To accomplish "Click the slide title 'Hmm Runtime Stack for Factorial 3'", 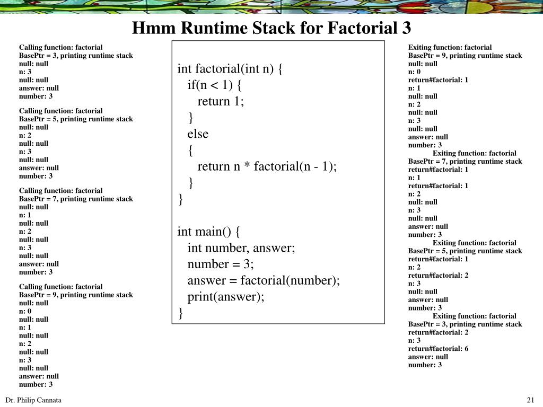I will tap(271, 27).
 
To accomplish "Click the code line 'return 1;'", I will tap(221, 101).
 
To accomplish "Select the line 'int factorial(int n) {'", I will tap(230, 69).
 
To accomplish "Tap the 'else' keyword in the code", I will tap(198, 134).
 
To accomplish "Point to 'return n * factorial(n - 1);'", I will tap(267, 166).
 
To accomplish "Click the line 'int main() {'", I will tap(209, 231).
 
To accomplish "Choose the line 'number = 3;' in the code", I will tap(221, 264).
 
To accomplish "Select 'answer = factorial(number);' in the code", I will tap(264, 280).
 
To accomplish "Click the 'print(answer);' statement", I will tap(226, 296).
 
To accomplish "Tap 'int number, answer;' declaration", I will tap(241, 247).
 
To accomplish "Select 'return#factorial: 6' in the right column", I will tap(438, 349).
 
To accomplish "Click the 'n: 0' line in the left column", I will tap(25, 311).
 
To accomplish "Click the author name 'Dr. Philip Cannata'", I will tap(33, 400).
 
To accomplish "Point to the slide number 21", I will tap(530, 400).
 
